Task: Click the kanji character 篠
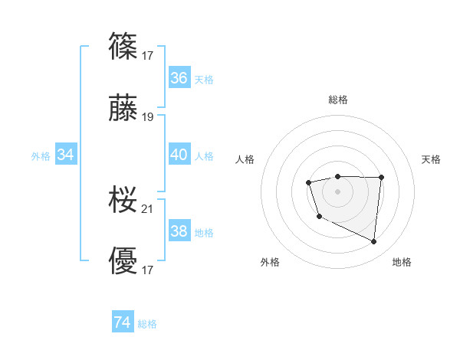point(123,47)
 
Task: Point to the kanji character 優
point(123,260)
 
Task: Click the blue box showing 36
point(179,78)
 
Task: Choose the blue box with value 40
point(179,155)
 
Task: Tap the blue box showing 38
point(179,231)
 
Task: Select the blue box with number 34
point(66,155)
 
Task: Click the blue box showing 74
point(123,322)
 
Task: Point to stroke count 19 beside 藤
point(148,117)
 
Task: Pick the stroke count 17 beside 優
point(148,270)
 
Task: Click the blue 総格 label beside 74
point(147,324)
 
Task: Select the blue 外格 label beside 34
point(41,156)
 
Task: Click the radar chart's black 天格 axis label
point(431,159)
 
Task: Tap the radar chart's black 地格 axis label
point(402,262)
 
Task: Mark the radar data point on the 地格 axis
point(374,242)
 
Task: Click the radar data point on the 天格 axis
point(381,178)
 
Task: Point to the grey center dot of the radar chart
point(337,191)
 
